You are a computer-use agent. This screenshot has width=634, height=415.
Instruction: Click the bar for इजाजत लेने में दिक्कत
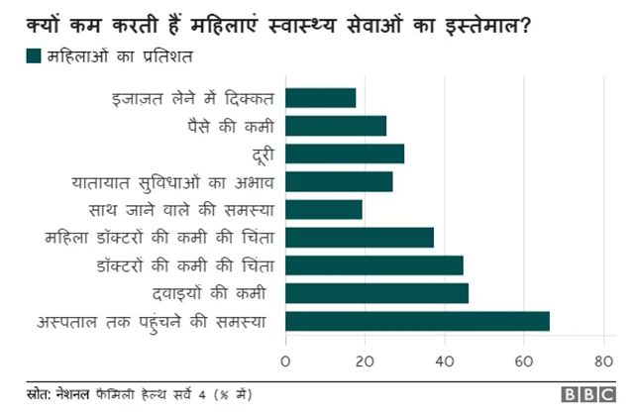coord(321,97)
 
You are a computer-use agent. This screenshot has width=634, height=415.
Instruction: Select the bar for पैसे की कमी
coord(336,125)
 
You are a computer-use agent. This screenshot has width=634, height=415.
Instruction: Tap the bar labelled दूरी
coord(345,154)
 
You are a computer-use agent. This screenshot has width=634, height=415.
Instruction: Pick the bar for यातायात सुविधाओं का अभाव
coord(339,181)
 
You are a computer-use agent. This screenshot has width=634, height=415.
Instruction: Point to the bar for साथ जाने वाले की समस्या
coord(324,209)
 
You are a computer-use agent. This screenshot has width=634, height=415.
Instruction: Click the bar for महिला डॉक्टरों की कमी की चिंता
coord(360,238)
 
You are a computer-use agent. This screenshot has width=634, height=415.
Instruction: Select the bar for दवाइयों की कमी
coord(377,293)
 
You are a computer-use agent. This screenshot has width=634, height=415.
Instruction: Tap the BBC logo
coord(588,394)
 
